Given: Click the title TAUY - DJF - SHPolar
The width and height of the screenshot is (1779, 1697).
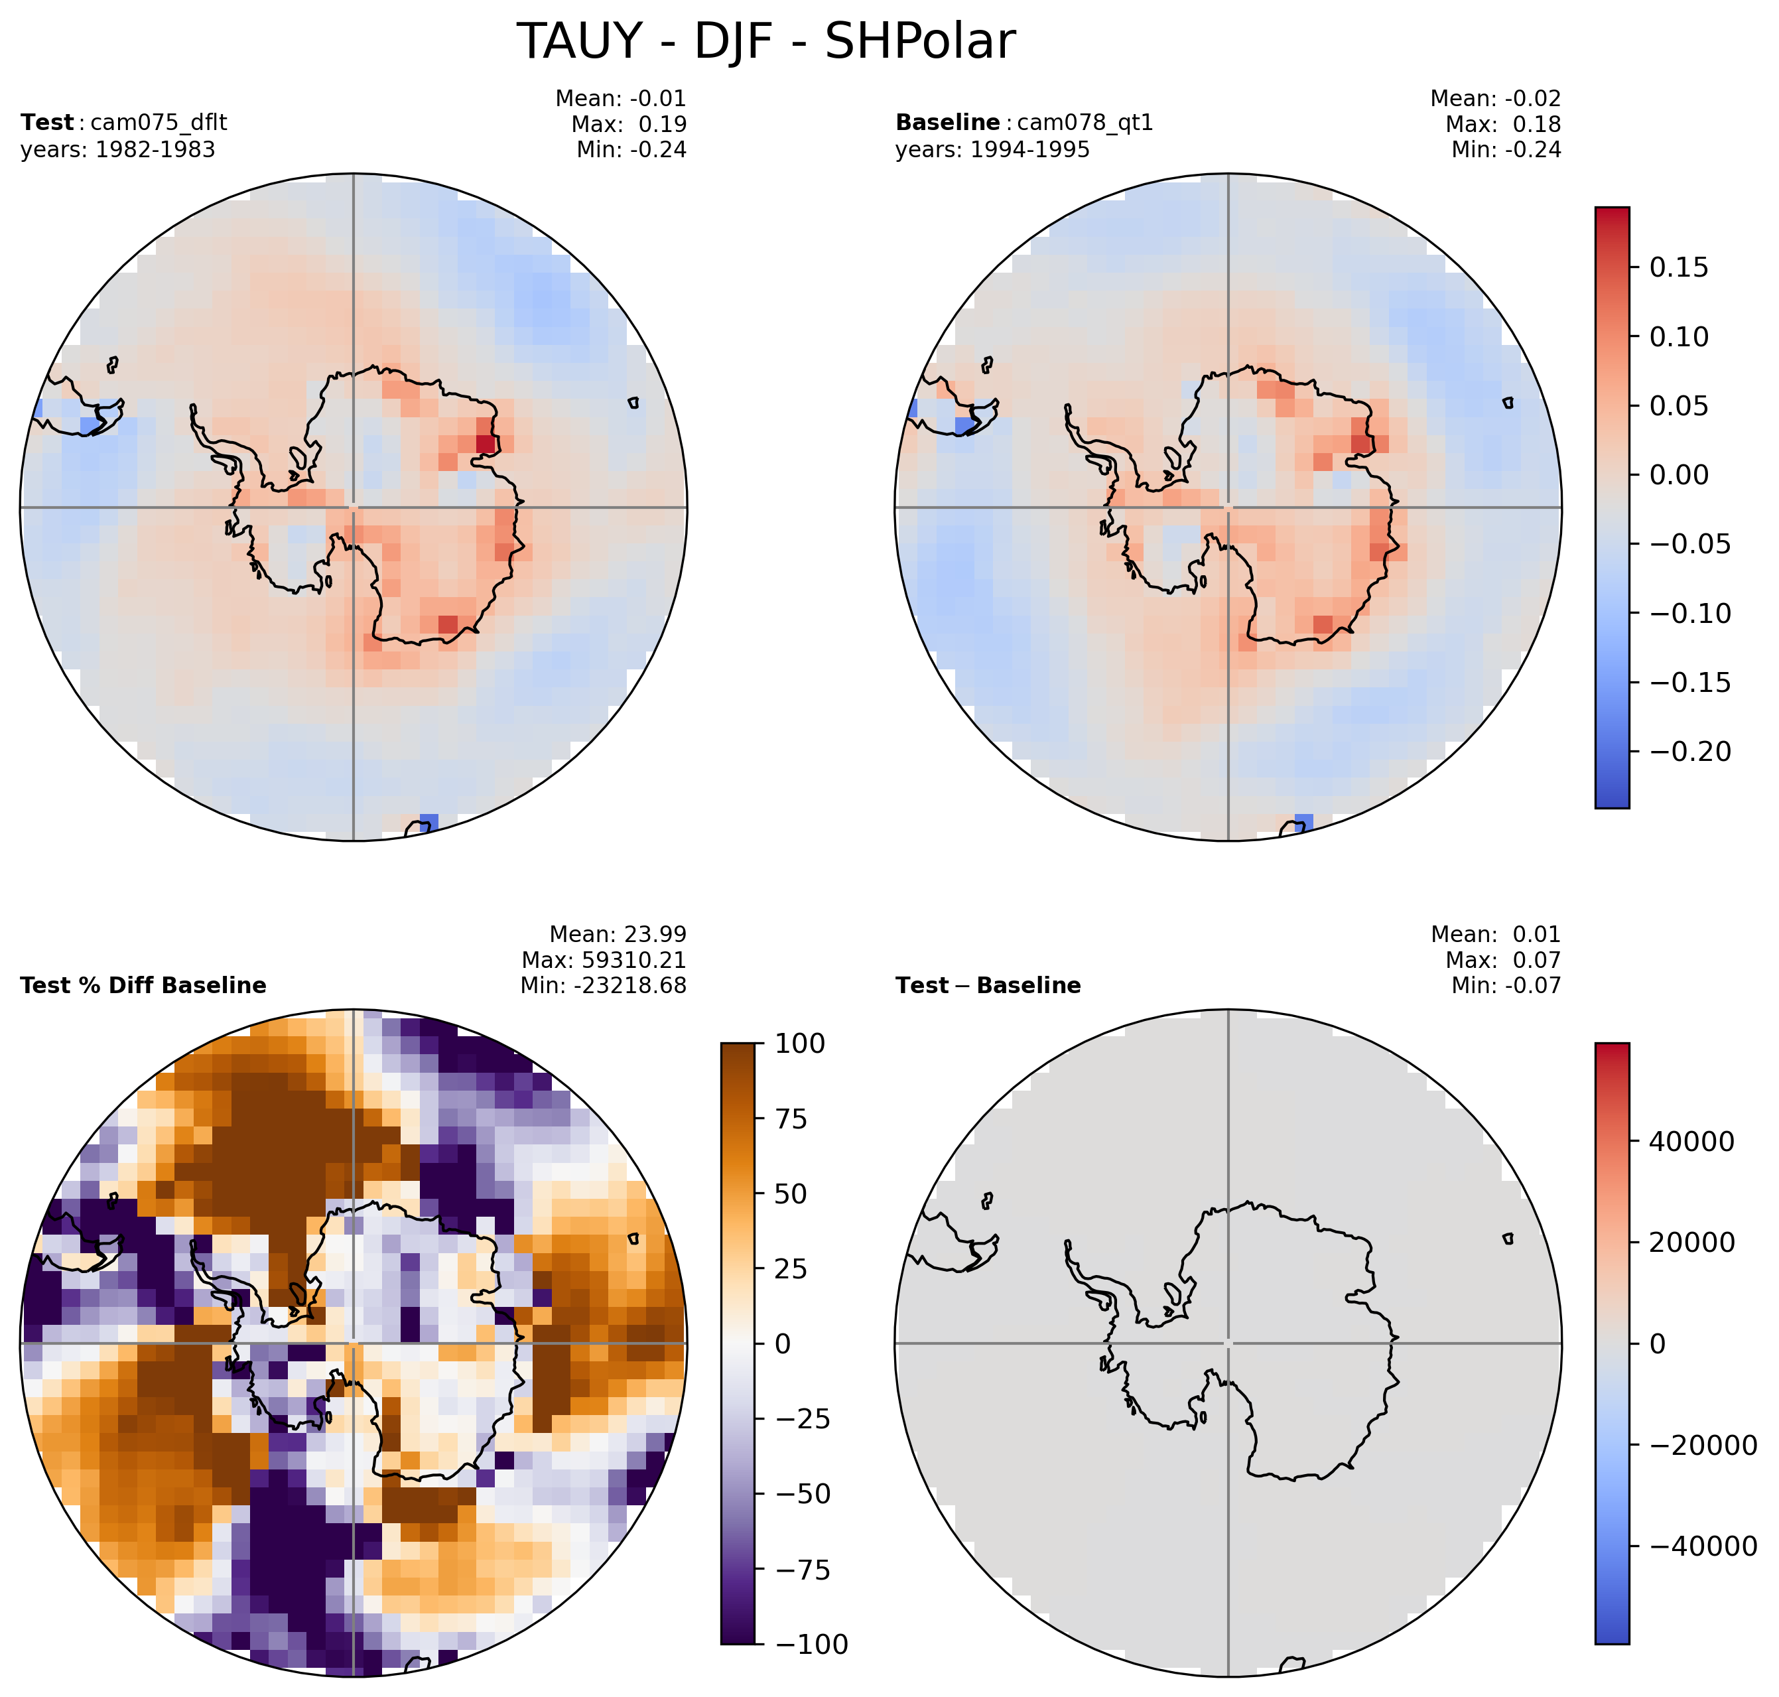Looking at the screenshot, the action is pos(765,42).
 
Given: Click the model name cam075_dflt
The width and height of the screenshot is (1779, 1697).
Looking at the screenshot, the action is pos(159,122).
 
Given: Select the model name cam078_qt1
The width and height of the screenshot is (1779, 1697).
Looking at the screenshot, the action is pos(1085,122).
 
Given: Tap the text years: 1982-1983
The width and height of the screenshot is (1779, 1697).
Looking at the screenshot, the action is pos(117,149).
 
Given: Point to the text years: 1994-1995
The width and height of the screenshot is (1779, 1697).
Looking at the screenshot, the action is pos(992,149).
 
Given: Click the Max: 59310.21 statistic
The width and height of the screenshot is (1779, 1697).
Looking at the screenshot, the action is pos(603,960).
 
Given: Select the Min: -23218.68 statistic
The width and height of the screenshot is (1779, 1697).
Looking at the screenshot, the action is pos(603,985).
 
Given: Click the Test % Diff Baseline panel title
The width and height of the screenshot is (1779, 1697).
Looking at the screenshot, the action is pos(143,985).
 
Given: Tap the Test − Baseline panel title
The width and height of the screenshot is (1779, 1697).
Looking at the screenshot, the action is pos(988,985).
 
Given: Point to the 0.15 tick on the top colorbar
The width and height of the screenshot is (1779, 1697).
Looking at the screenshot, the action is pos(1679,268).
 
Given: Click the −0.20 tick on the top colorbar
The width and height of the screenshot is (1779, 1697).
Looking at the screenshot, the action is pos(1690,752).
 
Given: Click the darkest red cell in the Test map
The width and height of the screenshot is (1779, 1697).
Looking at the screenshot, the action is pos(486,444).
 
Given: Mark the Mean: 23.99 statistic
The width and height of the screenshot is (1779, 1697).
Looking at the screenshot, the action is pos(618,935).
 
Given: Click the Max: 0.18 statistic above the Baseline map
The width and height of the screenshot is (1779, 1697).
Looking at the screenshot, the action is pos(1503,124).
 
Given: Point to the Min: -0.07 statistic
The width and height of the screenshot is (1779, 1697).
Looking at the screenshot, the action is pos(1506,985).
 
